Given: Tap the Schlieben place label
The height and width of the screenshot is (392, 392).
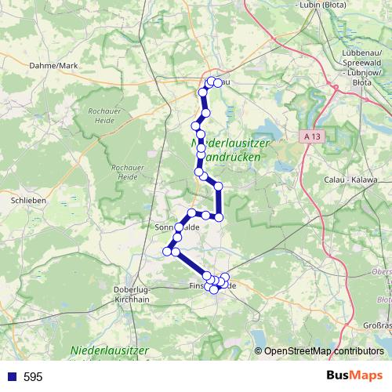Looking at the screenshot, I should click(27, 201).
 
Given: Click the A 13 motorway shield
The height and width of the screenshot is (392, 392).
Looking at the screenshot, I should click(312, 136).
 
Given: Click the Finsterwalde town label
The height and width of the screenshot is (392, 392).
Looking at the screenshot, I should click(212, 286).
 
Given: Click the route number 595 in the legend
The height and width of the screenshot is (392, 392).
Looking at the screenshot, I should click(33, 377).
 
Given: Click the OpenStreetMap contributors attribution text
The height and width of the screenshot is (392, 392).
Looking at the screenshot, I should click(323, 352).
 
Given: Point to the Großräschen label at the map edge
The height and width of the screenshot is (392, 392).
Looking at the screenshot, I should click(377, 325).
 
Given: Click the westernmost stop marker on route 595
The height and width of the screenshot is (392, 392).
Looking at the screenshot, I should click(167, 251).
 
